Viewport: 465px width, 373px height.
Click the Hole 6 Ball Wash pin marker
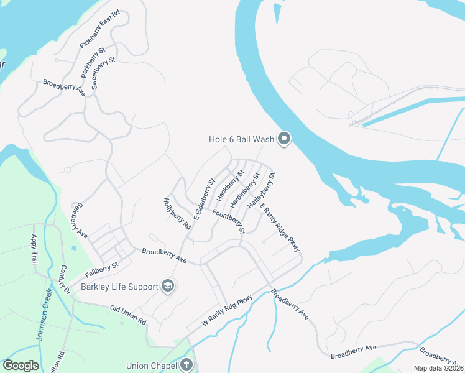coord(284,139)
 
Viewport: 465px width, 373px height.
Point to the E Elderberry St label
coord(205,199)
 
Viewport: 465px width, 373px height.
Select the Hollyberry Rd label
coord(177,213)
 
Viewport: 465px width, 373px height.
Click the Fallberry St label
coord(103,268)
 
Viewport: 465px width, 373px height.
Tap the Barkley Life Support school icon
coord(167,286)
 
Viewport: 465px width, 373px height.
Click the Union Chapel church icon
coord(186,366)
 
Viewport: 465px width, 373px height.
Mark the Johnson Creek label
coord(44,318)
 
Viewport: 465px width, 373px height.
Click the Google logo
coord(21,365)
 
